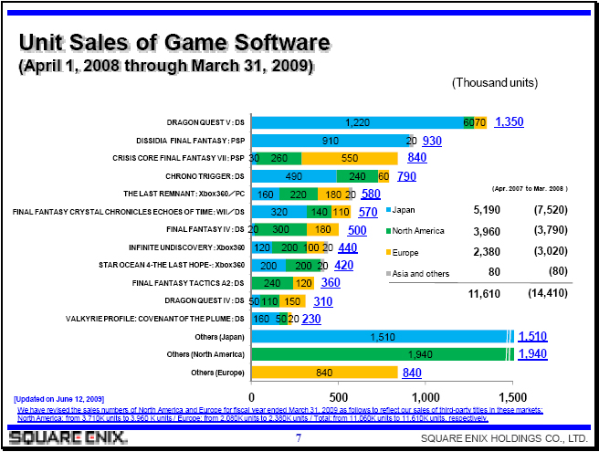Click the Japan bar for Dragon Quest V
pos(357,122)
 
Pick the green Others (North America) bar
pos(382,354)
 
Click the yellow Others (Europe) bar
pos(324,373)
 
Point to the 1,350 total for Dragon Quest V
pos(510,122)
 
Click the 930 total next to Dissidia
pos(432,141)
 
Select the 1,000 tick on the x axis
pos(426,397)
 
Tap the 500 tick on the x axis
pos(339,397)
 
